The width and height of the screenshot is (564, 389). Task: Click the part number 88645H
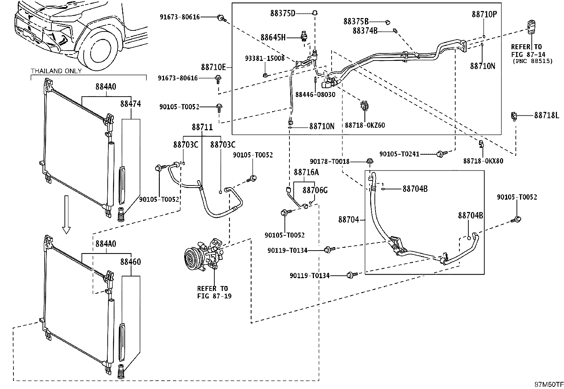pos(273,38)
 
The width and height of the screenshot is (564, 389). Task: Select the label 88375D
pos(283,13)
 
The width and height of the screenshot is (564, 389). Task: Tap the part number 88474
pos(130,104)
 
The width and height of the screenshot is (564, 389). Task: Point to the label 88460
pos(130,262)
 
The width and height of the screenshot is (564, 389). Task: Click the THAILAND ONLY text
pos(56,71)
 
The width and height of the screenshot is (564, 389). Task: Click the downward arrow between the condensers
pos(66,214)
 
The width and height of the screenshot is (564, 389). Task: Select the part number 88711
pos(202,127)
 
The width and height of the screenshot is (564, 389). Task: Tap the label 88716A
pos(306,172)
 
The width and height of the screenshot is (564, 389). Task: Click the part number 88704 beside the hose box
pos(349,220)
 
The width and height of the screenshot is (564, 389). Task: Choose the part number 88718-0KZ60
pos(365,125)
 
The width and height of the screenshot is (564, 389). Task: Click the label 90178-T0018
pos(329,161)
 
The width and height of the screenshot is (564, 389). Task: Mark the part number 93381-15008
pos(265,58)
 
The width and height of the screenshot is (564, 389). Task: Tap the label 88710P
pos(484,15)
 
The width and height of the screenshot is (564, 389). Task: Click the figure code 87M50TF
pos(549,384)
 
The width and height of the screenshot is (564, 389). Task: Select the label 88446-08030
pos(315,95)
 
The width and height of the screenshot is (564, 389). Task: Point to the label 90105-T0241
pos(399,154)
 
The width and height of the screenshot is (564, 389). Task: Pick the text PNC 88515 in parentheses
pos(532,61)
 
